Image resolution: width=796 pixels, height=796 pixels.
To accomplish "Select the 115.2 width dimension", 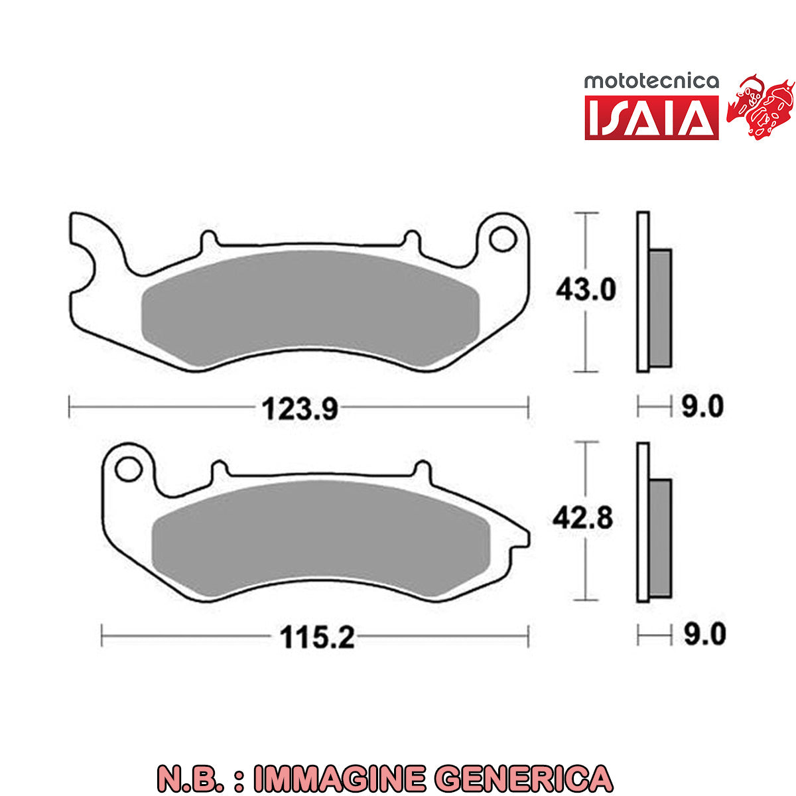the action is (x=317, y=637).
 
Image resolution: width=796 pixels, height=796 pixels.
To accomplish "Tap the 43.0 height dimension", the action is (x=586, y=290).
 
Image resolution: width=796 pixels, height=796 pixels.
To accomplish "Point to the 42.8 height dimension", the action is (x=583, y=518).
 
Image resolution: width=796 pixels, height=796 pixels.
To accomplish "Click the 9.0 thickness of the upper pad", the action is (x=702, y=407).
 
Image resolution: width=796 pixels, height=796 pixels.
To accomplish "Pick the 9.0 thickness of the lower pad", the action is (x=704, y=635).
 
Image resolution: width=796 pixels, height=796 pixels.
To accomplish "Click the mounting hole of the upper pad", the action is (x=503, y=239).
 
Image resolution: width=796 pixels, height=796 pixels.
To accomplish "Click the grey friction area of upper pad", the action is (x=310, y=308).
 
